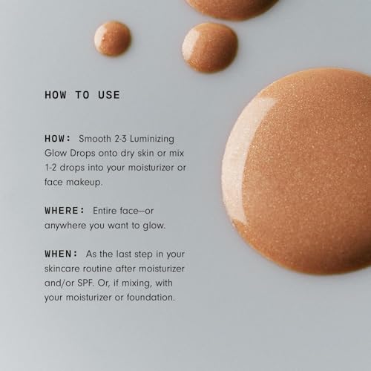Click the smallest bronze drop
[x=113, y=38]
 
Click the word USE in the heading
[x=108, y=95]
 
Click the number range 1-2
[x=53, y=166]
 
